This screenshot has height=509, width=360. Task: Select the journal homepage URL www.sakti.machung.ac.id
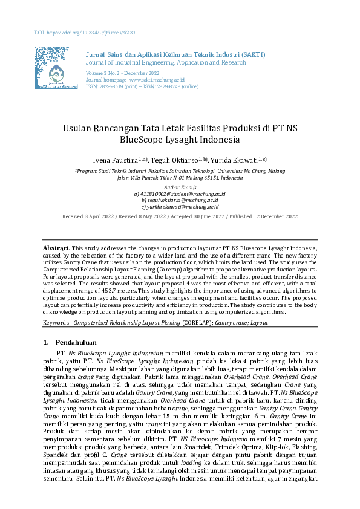coord(154,79)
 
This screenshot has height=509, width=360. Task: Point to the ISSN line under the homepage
coord(143,86)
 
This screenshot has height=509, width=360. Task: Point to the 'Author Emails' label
coord(180,188)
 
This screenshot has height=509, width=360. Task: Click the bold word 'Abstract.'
coord(56,248)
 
